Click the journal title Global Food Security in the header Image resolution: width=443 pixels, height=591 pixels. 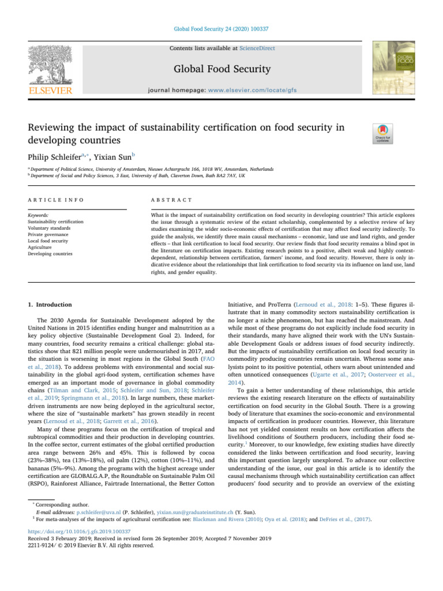[221, 69]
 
